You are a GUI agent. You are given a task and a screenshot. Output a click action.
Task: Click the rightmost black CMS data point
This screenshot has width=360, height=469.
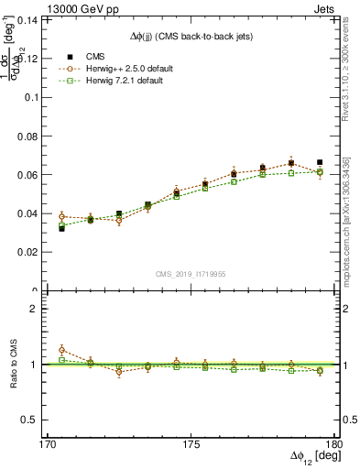(320, 162)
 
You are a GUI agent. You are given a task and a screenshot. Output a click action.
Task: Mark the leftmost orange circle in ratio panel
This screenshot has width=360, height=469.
(61, 350)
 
